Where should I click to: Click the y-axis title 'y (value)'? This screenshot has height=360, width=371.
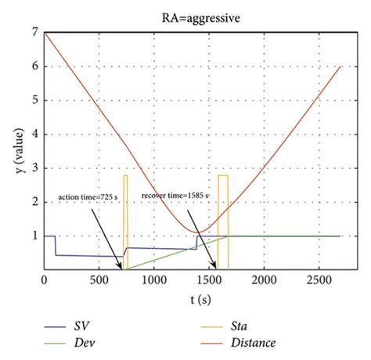click(17, 149)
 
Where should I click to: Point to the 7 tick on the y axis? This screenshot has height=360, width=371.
click(35, 33)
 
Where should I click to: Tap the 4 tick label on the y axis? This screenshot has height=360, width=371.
click(35, 134)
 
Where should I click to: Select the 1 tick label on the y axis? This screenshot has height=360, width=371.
click(35, 236)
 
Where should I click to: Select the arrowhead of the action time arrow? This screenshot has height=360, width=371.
click(122, 268)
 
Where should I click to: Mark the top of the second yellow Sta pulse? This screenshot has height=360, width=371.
click(223, 175)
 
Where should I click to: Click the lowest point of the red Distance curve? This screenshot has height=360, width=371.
click(200, 232)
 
